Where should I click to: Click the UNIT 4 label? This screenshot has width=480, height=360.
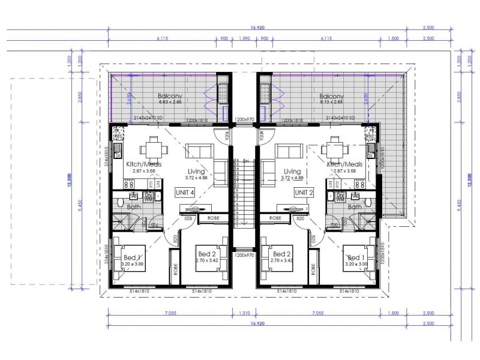(184, 192)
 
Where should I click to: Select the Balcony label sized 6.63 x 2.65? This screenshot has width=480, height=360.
(170, 99)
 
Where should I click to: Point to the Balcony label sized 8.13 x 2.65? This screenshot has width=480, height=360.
(331, 99)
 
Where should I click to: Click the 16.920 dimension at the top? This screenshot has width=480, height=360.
(256, 27)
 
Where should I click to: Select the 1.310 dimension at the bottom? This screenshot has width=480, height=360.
(244, 313)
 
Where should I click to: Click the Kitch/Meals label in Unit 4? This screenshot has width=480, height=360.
(143, 164)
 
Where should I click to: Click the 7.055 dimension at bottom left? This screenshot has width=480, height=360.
(170, 313)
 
